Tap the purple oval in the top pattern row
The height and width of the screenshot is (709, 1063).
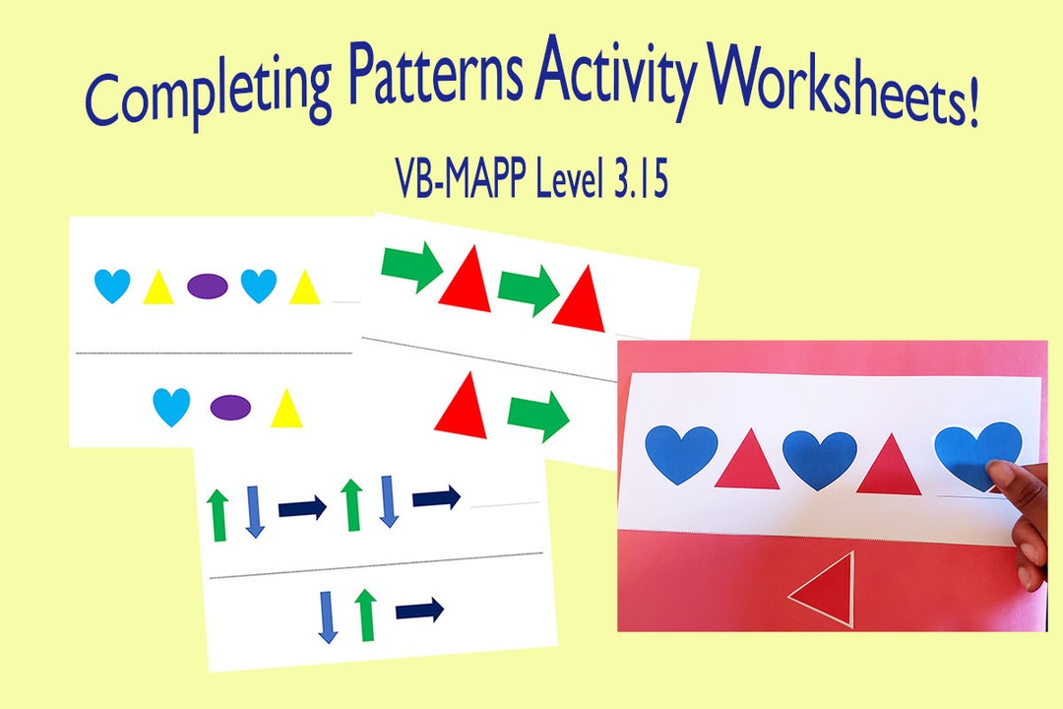pyautogui.click(x=208, y=287)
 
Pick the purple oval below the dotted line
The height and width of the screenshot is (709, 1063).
pyautogui.click(x=230, y=407)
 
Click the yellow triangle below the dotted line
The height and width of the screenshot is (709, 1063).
pyautogui.click(x=285, y=408)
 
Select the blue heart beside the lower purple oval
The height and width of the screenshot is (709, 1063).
pyautogui.click(x=171, y=407)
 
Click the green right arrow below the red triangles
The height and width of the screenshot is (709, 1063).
pyautogui.click(x=538, y=417)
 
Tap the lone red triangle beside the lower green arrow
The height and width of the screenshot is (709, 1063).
pyautogui.click(x=462, y=405)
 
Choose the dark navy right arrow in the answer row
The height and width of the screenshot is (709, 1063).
pyautogui.click(x=419, y=611)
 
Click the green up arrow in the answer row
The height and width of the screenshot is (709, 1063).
pyautogui.click(x=367, y=613)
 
